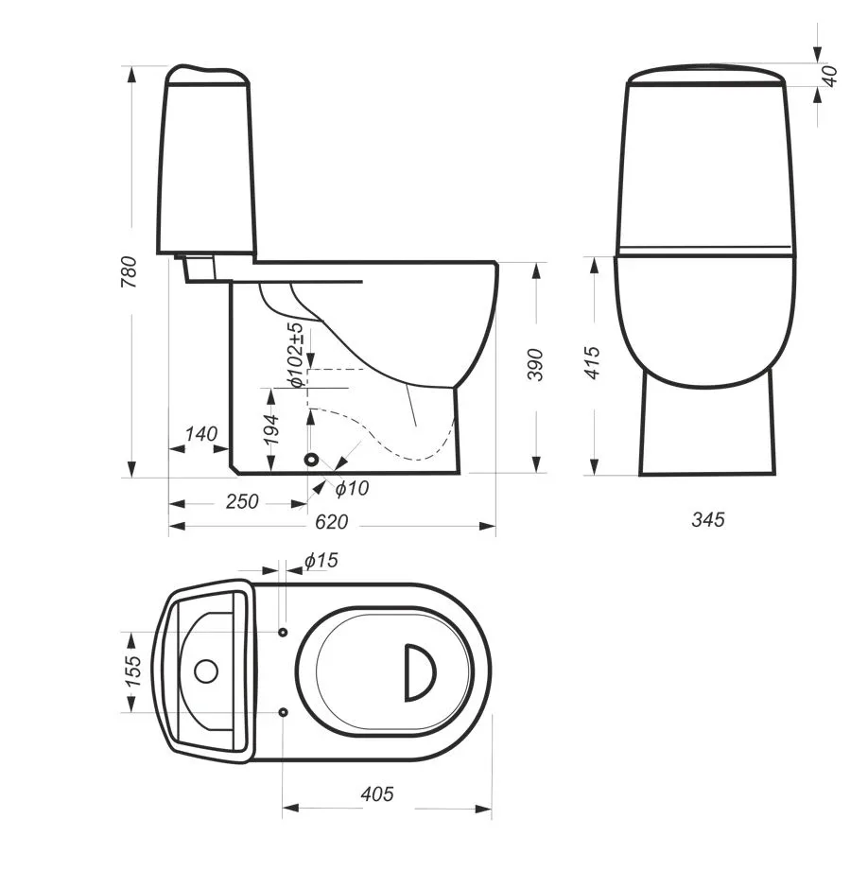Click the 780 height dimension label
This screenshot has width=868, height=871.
point(129,271)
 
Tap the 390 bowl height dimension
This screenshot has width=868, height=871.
point(535,364)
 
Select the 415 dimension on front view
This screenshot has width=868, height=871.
point(593,363)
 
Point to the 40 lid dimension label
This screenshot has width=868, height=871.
point(829,76)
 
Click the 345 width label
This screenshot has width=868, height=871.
point(708,519)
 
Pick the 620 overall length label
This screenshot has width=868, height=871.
point(332,522)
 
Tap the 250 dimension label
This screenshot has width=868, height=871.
point(242,501)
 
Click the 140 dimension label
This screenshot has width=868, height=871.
point(201,434)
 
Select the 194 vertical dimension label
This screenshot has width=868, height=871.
point(271,429)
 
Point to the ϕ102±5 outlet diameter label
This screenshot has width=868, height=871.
point(296,356)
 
